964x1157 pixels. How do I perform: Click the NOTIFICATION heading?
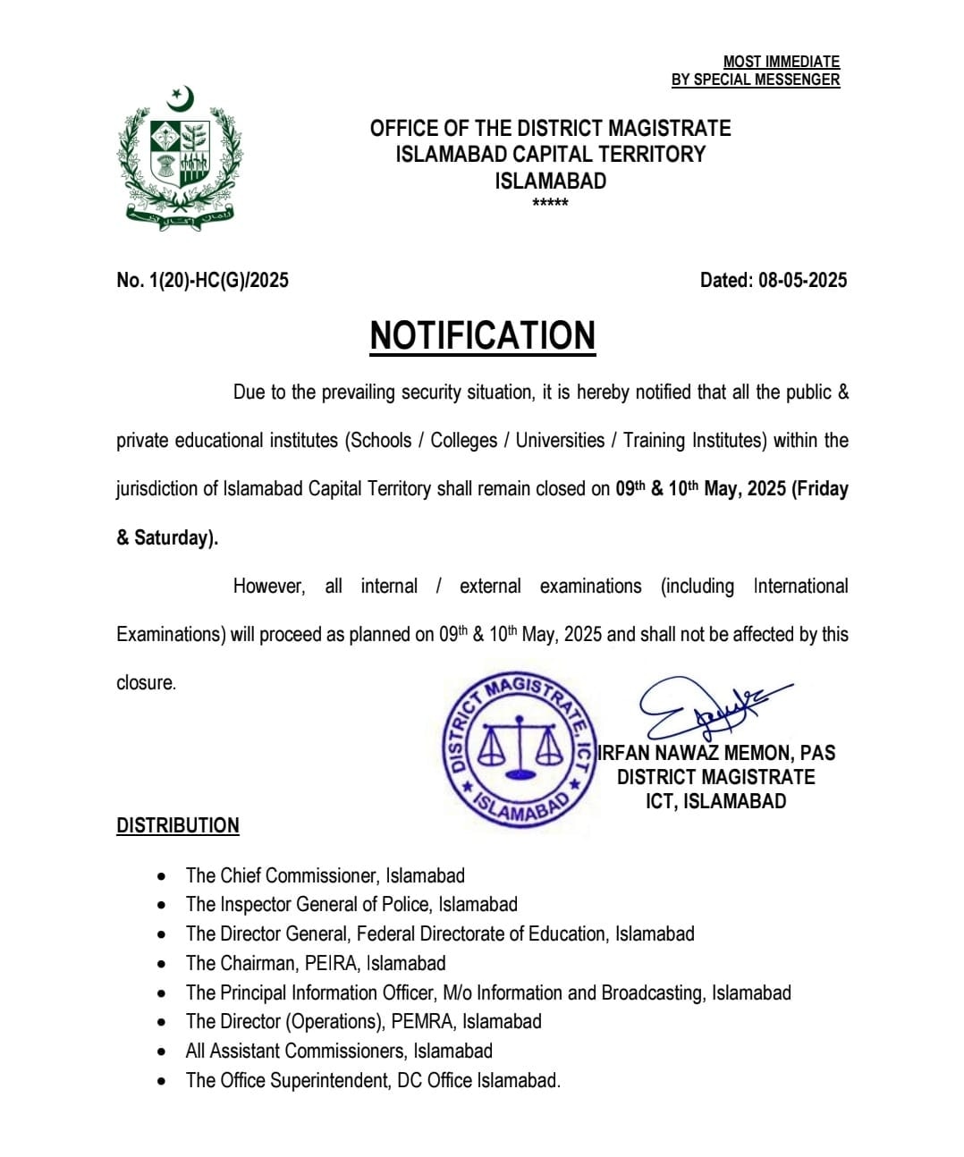tap(483, 336)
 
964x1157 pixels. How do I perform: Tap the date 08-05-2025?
tap(802, 280)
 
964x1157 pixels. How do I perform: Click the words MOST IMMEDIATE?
tap(781, 62)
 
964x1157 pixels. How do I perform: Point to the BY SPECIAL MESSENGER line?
tap(756, 80)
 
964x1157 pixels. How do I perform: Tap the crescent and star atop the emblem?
tap(182, 98)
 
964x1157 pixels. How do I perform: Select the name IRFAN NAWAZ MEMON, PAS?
tap(716, 753)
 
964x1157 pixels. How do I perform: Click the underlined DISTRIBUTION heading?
tap(178, 825)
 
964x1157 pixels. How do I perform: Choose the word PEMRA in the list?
tap(421, 1021)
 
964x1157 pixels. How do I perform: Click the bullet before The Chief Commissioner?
tap(161, 876)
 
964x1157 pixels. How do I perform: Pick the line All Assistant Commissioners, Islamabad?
tap(339, 1051)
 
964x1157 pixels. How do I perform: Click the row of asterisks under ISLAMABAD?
tap(550, 203)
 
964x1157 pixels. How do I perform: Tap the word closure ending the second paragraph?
tap(147, 683)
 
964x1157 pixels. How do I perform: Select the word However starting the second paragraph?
tap(268, 587)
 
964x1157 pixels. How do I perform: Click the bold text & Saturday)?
tap(167, 537)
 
